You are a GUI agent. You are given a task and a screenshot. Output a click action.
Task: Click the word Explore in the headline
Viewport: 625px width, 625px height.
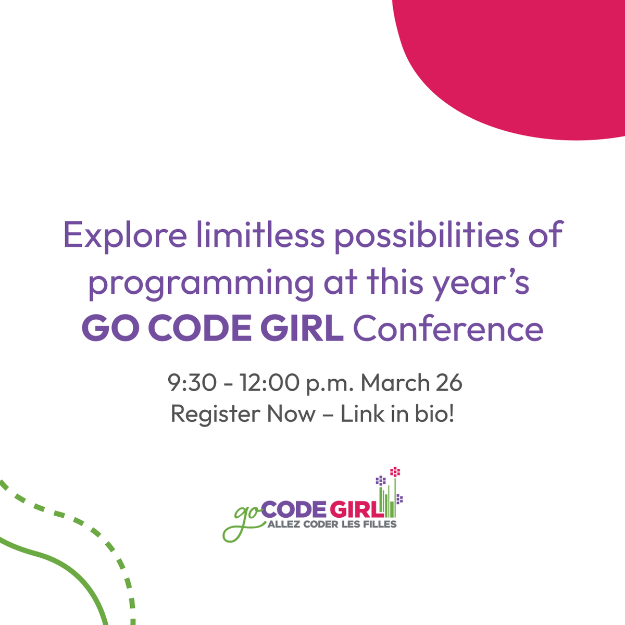(x=124, y=235)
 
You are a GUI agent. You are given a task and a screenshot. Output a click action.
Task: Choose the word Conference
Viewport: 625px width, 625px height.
(x=448, y=329)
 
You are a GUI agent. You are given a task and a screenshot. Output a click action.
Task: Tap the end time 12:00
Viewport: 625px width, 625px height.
(x=269, y=383)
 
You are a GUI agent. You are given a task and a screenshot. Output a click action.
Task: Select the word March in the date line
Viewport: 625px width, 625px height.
(x=394, y=383)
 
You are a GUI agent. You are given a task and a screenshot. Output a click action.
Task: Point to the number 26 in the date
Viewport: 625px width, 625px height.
(x=449, y=383)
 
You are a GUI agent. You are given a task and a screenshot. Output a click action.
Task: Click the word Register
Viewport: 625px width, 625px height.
(x=215, y=415)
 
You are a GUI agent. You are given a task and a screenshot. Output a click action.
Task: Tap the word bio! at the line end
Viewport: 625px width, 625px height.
(x=435, y=415)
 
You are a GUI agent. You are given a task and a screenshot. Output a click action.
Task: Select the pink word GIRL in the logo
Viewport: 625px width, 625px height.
(x=356, y=509)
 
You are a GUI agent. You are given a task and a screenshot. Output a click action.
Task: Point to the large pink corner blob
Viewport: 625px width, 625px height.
(x=521, y=57)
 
